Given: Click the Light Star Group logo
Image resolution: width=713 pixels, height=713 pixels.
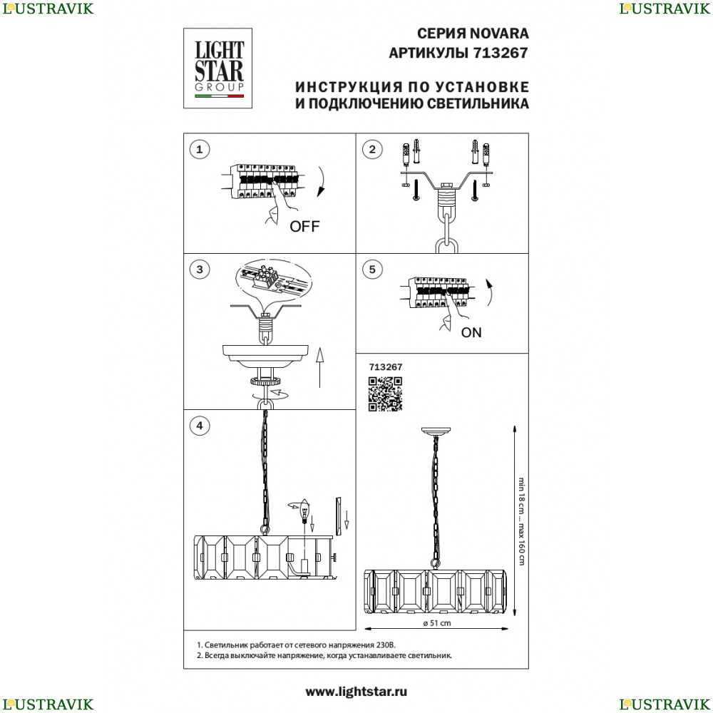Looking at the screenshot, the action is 217,68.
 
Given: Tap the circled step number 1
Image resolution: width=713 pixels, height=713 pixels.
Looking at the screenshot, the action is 199,150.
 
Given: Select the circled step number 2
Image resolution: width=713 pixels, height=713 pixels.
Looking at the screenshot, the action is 372,150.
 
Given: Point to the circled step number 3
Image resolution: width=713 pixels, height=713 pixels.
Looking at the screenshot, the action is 200,270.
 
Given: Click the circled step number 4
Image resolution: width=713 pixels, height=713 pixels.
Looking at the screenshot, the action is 200,426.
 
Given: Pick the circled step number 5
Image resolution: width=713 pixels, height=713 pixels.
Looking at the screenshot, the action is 372,270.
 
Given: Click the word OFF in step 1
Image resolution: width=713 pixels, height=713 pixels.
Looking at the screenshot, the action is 304,226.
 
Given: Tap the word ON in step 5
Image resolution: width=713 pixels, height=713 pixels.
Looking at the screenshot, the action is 471,332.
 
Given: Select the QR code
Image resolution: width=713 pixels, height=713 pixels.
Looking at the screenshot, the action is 385,394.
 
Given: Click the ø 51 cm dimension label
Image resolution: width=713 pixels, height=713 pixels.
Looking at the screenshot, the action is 437,623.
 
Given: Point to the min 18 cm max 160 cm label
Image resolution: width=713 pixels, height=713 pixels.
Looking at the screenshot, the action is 521,521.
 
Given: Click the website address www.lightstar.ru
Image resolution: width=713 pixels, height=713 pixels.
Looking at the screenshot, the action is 356,692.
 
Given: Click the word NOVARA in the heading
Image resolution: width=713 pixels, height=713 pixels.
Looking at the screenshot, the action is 499,34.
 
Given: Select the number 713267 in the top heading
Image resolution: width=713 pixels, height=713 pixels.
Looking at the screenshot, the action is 501,53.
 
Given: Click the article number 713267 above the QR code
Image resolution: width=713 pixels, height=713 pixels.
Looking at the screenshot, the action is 386,367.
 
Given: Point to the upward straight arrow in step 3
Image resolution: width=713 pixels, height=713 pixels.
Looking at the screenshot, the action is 319,367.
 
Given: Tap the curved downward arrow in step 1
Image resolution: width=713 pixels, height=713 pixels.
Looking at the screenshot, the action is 321,181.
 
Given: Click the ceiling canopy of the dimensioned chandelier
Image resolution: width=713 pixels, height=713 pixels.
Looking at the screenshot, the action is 436,431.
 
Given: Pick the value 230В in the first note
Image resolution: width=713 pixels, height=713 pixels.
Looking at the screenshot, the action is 386,645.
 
